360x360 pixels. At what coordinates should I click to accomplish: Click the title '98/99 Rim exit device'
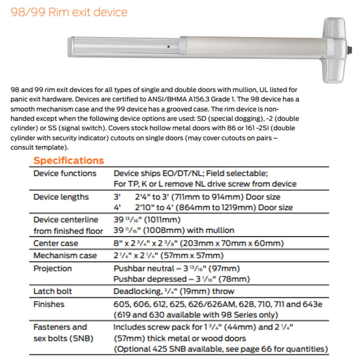coord(69,12)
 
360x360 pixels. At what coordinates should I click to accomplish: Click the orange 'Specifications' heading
coord(68,161)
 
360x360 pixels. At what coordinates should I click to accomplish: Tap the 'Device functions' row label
coord(65,173)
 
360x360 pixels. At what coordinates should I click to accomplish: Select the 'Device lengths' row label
coord(61,197)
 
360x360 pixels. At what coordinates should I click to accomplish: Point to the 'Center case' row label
coord(55,243)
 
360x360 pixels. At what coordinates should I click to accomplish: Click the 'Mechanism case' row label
coord(65,256)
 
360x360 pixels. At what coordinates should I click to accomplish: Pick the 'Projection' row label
coord(53,269)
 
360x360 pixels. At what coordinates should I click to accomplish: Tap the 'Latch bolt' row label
coord(53,291)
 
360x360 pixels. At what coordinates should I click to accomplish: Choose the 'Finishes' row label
coord(49,304)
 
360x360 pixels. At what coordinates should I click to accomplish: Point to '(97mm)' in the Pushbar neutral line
coord(225,269)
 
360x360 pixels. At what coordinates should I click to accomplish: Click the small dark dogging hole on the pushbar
coord(168,47)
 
